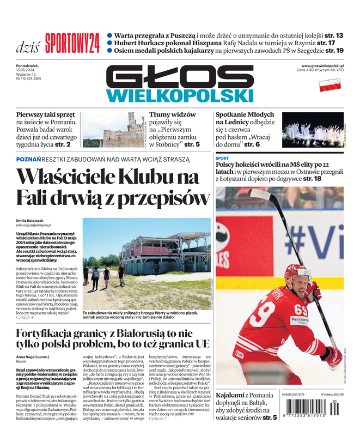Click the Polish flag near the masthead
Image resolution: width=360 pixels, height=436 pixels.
(330, 85)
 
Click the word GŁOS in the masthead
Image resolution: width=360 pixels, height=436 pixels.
(180, 77)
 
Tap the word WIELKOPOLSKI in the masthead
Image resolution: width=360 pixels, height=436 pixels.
(180, 96)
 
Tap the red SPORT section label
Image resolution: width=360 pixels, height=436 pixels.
(222, 158)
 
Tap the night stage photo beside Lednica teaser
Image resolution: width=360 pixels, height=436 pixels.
(312, 130)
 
